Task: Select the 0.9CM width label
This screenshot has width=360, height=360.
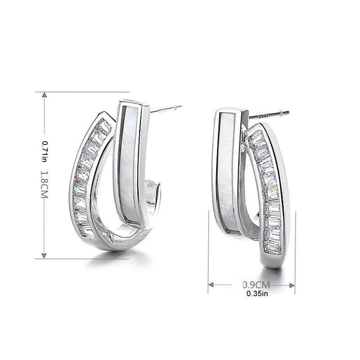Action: tap(256, 285)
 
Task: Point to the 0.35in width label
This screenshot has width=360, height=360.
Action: tap(257, 294)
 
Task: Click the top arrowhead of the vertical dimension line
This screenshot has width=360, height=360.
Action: tap(44, 95)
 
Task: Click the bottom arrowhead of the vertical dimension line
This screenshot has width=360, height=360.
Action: tap(44, 255)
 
